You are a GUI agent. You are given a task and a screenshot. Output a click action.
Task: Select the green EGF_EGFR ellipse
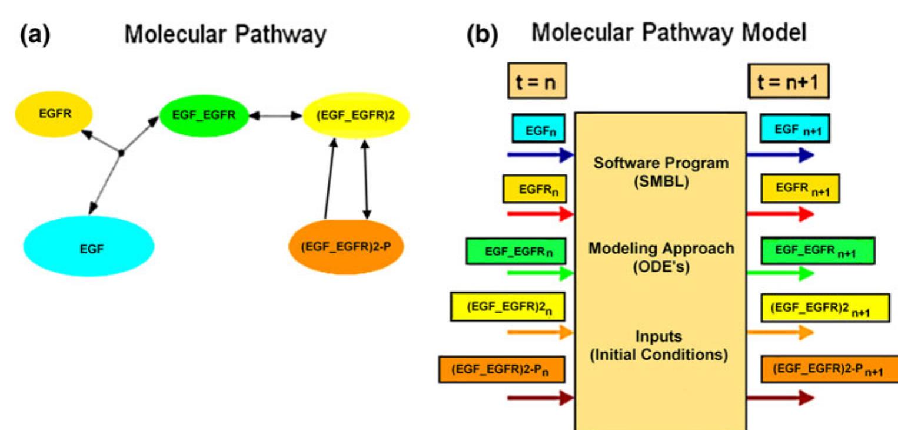pyautogui.click(x=204, y=115)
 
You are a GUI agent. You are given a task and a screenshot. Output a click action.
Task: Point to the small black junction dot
pyautogui.click(x=121, y=153)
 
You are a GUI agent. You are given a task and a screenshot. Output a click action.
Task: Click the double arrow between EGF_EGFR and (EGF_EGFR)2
pyautogui.click(x=275, y=116)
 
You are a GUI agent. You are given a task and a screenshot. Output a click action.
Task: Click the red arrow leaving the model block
pyautogui.click(x=780, y=214)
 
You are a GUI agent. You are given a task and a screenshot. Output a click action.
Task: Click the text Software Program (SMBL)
pyautogui.click(x=660, y=172)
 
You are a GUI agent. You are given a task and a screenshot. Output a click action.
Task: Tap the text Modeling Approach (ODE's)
pyautogui.click(x=661, y=257)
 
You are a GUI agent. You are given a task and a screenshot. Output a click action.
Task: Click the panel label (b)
pyautogui.click(x=481, y=35)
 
